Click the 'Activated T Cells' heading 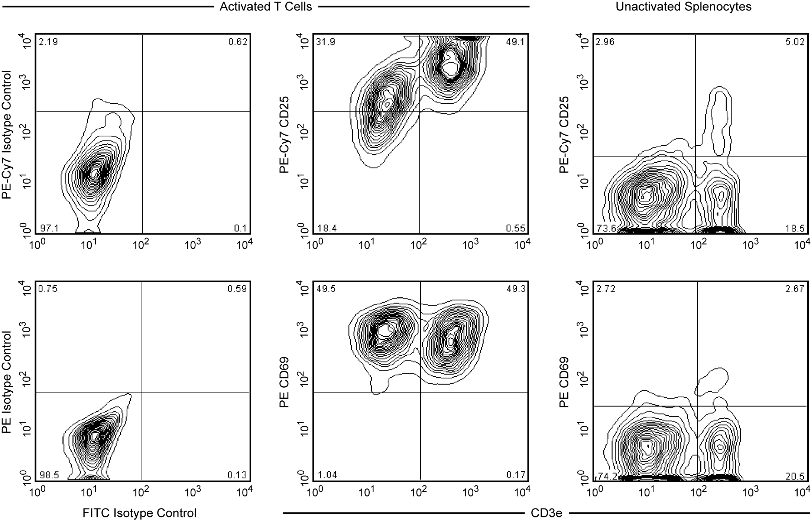pyautogui.click(x=266, y=7)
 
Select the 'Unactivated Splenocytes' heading pyautogui.click(x=683, y=7)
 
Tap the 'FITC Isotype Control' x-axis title pyautogui.click(x=139, y=513)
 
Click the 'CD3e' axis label pyautogui.click(x=546, y=513)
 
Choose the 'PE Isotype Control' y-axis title pyautogui.click(x=7, y=382)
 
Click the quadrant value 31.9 pyautogui.click(x=325, y=42)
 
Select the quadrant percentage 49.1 pyautogui.click(x=515, y=42)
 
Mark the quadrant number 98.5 pyautogui.click(x=49, y=475)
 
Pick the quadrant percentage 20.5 pyautogui.click(x=795, y=475)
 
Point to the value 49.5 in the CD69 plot pyautogui.click(x=325, y=289)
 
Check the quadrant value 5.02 pyautogui.click(x=795, y=42)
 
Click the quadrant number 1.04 pyautogui.click(x=327, y=475)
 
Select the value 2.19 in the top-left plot pyautogui.click(x=48, y=42)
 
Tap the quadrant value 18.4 pyautogui.click(x=327, y=228)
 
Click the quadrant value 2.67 pyautogui.click(x=795, y=289)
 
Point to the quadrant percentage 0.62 pyautogui.click(x=238, y=42)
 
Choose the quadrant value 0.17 pyautogui.click(x=516, y=475)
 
